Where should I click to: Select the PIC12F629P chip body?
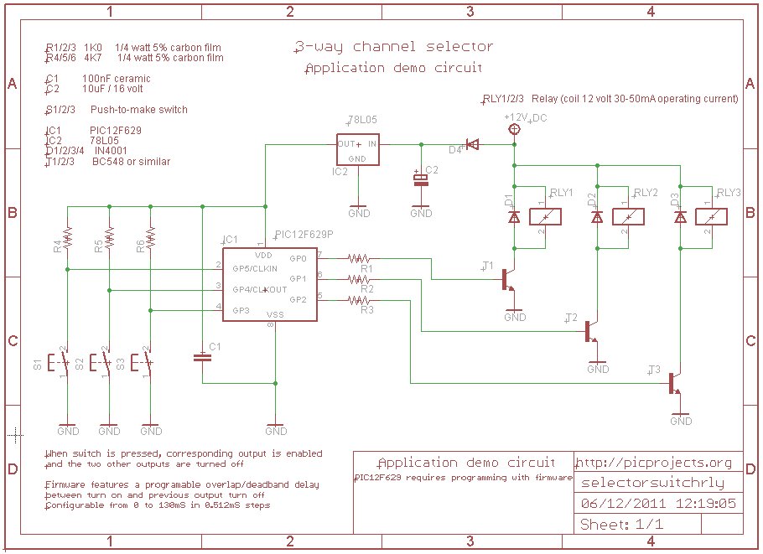[x=270, y=284]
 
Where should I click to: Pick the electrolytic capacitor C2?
[x=420, y=179]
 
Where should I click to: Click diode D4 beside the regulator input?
[x=472, y=144]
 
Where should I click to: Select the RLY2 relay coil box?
[x=628, y=216]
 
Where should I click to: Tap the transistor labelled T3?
[x=675, y=382]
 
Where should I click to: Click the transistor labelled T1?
[x=508, y=279]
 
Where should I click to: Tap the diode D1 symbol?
[x=514, y=217]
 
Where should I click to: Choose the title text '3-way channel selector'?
[x=393, y=47]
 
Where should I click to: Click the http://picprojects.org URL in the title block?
[x=656, y=463]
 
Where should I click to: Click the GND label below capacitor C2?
[x=421, y=214]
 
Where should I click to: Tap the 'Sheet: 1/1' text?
[x=621, y=525]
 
